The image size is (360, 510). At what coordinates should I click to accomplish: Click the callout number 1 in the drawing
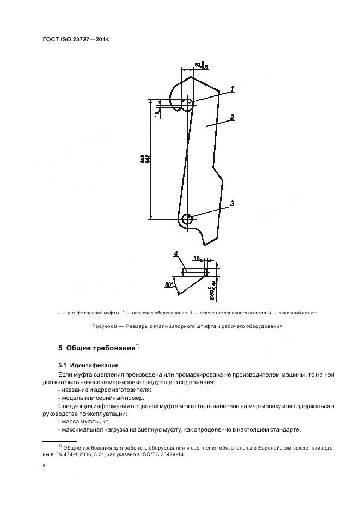(232, 88)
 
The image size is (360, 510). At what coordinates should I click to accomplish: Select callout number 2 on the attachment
(232, 117)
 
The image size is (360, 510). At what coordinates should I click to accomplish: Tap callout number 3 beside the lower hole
(232, 203)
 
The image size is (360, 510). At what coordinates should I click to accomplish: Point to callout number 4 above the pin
(176, 254)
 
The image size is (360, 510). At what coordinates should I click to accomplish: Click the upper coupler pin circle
(187, 105)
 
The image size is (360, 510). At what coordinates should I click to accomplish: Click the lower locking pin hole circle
(187, 220)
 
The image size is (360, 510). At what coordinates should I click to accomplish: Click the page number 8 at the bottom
(44, 466)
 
